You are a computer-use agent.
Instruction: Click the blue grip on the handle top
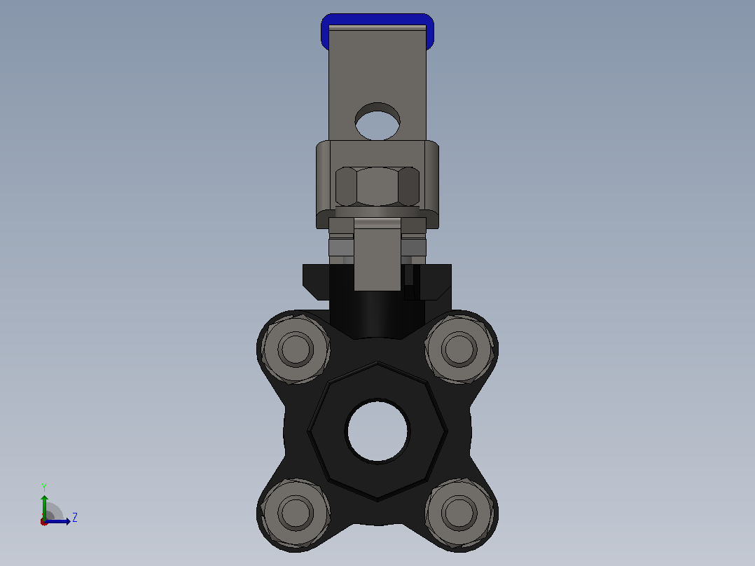[377, 20]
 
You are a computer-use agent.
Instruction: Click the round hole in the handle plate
[377, 121]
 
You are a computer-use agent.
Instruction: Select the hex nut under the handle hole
[377, 186]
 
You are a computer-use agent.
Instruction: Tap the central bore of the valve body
[377, 431]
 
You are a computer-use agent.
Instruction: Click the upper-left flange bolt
[295, 349]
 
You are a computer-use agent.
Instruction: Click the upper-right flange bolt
[459, 349]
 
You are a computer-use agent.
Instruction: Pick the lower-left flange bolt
[295, 513]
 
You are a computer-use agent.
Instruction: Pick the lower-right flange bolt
[459, 513]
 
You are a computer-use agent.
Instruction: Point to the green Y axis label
[44, 487]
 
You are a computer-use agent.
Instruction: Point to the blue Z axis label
[75, 518]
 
